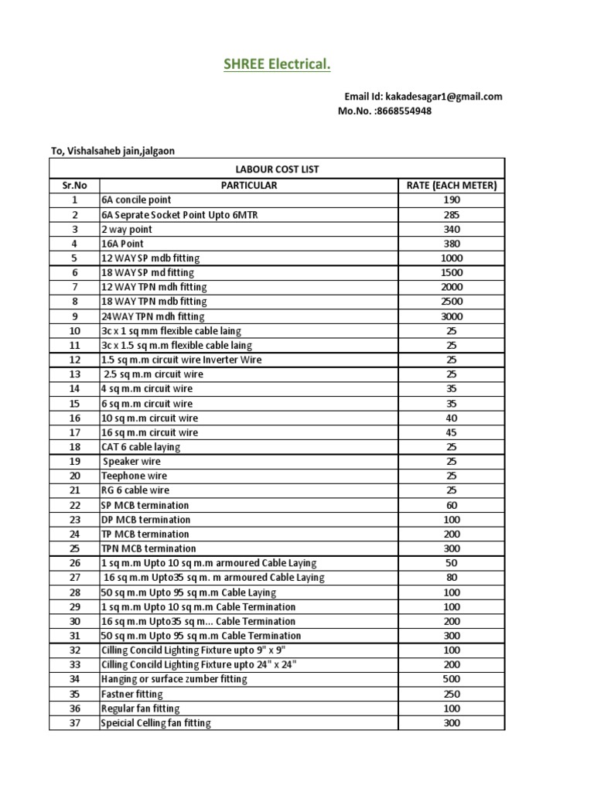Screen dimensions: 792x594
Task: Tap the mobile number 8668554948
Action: pyautogui.click(x=403, y=111)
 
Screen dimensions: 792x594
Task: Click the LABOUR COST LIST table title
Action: pyautogui.click(x=276, y=169)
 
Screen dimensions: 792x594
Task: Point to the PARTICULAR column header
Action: pyautogui.click(x=248, y=186)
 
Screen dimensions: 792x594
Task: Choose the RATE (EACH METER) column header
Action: pyautogui.click(x=452, y=186)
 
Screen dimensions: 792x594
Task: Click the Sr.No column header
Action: pyautogui.click(x=74, y=186)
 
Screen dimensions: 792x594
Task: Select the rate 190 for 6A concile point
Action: pyautogui.click(x=452, y=200)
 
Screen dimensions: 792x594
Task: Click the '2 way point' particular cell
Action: pyautogui.click(x=127, y=229)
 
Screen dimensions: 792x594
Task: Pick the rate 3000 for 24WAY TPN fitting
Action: pyautogui.click(x=452, y=316)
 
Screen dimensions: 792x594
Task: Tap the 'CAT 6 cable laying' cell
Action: pyautogui.click(x=141, y=447)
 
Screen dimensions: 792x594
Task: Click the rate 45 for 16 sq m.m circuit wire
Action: pyautogui.click(x=452, y=432)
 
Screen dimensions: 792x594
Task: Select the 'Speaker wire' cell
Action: pyautogui.click(x=132, y=462)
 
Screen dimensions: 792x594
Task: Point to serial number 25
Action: pyautogui.click(x=74, y=548)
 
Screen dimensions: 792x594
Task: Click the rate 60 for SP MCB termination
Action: pyautogui.click(x=452, y=505)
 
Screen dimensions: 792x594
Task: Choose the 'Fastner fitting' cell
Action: pyautogui.click(x=132, y=694)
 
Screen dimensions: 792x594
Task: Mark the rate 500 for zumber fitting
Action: pyautogui.click(x=452, y=679)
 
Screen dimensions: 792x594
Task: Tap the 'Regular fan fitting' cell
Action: pyautogui.click(x=140, y=708)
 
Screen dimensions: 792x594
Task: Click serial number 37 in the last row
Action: pyautogui.click(x=74, y=723)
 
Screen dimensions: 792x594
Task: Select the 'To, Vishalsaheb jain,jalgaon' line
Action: pyautogui.click(x=113, y=151)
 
